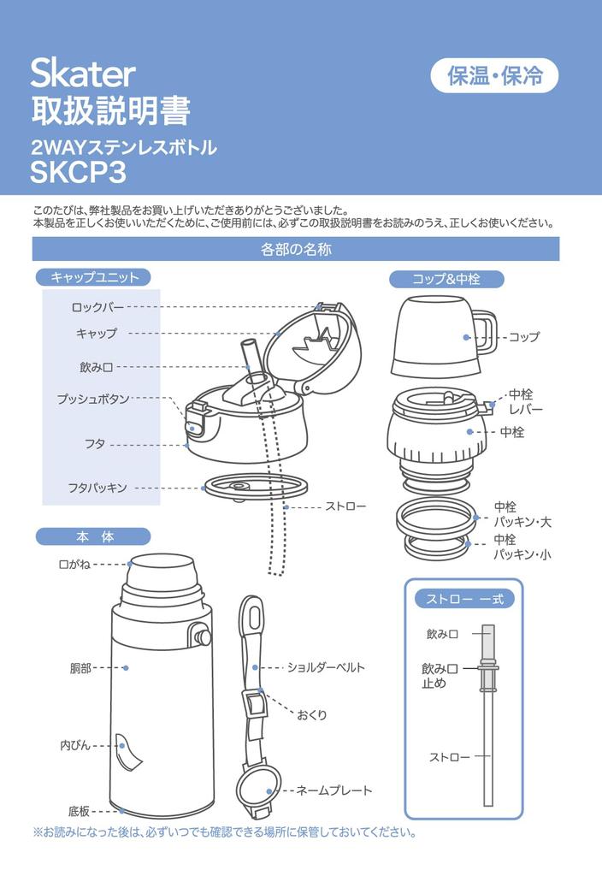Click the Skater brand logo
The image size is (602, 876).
[x=83, y=75]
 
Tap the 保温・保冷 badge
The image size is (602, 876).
[x=494, y=76]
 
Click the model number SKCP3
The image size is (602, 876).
[x=79, y=173]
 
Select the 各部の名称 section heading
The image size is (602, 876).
[x=296, y=250]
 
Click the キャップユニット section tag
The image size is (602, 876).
[x=94, y=276]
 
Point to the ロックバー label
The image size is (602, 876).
[x=97, y=305]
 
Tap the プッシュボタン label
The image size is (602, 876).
[x=93, y=399]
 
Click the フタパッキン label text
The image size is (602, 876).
[x=97, y=488]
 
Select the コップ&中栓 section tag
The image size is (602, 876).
[x=446, y=279]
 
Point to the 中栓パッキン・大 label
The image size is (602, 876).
[x=522, y=513]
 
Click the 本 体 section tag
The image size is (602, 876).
[x=94, y=536]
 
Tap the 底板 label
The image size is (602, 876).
[x=80, y=810]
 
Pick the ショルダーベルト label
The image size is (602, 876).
[x=326, y=667]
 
